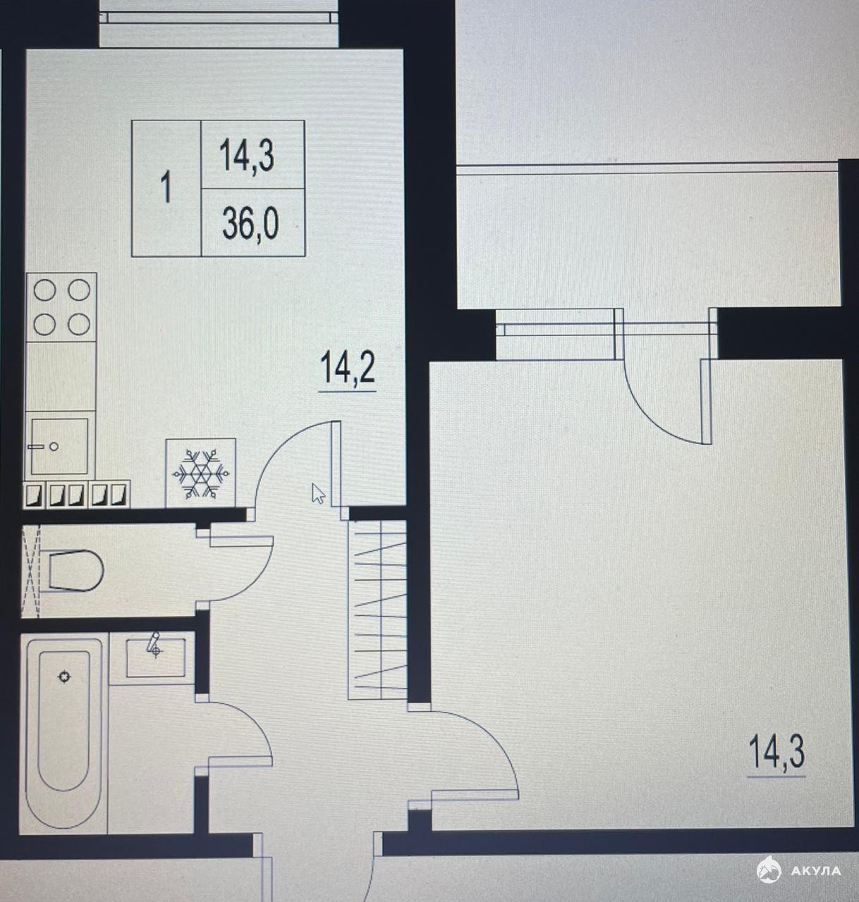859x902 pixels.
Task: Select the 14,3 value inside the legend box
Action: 247,156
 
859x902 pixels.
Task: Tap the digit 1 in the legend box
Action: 166,189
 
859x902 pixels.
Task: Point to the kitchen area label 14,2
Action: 348,368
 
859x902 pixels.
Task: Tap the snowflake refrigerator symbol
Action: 201,473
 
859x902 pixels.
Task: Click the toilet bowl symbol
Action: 75,570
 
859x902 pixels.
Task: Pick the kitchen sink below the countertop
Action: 59,446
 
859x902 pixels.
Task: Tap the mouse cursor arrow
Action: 318,494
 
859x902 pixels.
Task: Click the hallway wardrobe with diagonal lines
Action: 377,610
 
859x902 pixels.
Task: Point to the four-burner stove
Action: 61,307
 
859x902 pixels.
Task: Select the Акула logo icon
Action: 769,871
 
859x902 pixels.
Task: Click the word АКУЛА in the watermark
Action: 816,871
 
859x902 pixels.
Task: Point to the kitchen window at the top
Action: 219,18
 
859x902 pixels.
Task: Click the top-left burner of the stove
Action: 45,290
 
